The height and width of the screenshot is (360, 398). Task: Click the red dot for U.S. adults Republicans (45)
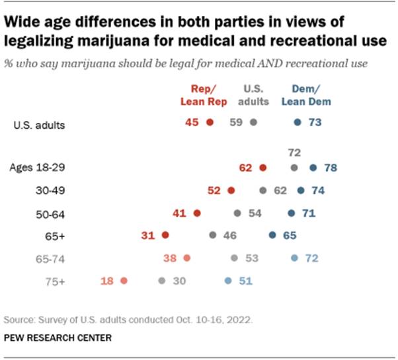(210, 122)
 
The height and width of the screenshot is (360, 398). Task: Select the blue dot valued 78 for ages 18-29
(313, 168)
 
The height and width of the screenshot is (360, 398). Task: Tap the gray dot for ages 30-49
(263, 191)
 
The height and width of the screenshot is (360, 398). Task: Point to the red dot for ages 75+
(124, 281)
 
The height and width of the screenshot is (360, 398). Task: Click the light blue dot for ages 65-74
(294, 258)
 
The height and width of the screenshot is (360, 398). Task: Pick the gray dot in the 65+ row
(212, 234)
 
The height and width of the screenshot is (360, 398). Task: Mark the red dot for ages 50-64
(196, 213)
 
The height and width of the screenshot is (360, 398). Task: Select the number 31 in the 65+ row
(149, 234)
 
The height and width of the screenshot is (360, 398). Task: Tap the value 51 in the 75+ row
(245, 281)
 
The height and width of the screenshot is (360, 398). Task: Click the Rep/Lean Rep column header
(204, 95)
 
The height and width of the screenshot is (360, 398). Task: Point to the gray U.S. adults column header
(257, 95)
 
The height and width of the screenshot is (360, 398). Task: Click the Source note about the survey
(128, 320)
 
